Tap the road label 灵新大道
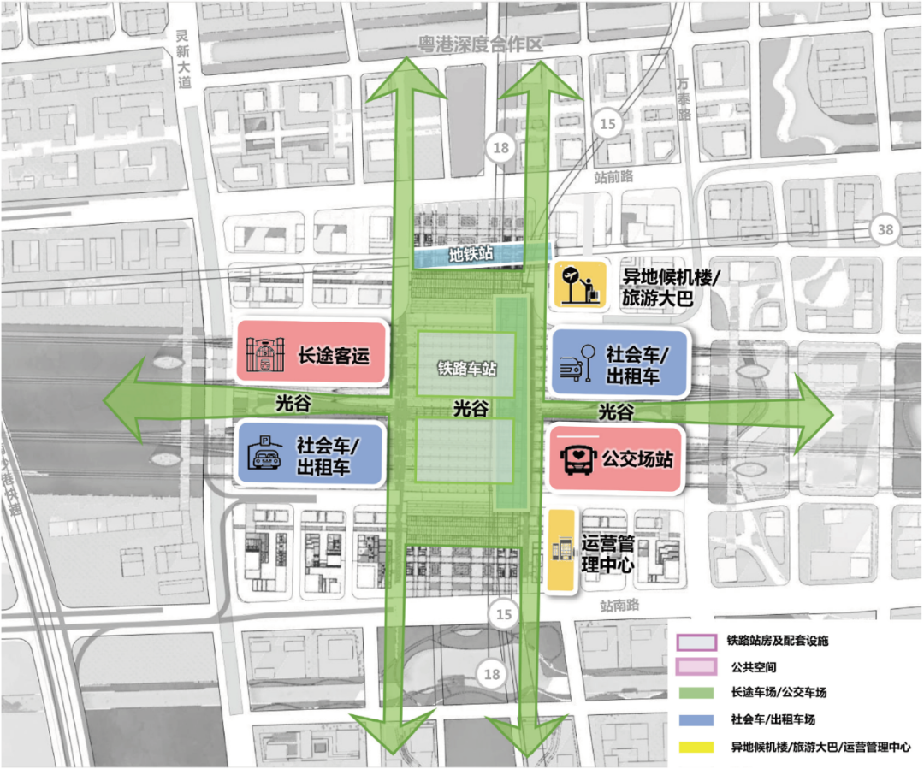click(x=181, y=52)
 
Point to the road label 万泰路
click(x=683, y=98)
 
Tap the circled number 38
click(x=885, y=228)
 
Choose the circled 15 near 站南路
click(x=504, y=613)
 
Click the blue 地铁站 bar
click(x=475, y=254)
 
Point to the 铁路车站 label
click(x=466, y=370)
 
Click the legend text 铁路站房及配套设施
click(x=779, y=640)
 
